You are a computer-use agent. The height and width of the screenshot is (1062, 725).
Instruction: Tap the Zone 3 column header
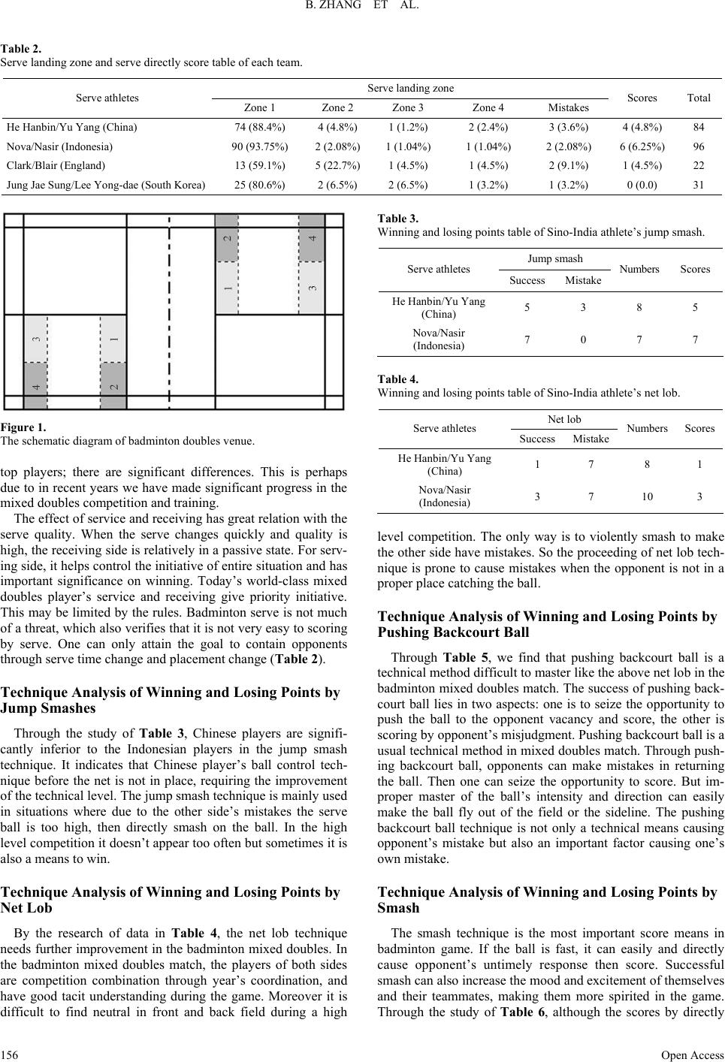point(408,107)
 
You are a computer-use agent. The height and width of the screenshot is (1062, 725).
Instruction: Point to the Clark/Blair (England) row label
point(56,165)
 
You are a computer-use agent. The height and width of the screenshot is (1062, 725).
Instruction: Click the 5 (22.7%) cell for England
point(337,165)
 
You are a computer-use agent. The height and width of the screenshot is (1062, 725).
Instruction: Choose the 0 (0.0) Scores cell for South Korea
point(642,184)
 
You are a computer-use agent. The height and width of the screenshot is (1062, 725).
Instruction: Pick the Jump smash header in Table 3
point(555,258)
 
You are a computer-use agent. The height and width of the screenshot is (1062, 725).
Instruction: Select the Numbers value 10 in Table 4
point(646,496)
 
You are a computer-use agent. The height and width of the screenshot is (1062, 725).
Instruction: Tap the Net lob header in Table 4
point(564,418)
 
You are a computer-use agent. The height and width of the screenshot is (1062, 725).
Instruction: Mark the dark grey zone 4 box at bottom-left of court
point(36,386)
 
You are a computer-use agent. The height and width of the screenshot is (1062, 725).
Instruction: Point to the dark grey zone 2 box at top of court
point(227,237)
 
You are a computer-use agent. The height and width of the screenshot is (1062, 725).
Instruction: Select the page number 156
point(10,1054)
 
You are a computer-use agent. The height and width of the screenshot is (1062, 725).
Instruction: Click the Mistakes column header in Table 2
point(569,107)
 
